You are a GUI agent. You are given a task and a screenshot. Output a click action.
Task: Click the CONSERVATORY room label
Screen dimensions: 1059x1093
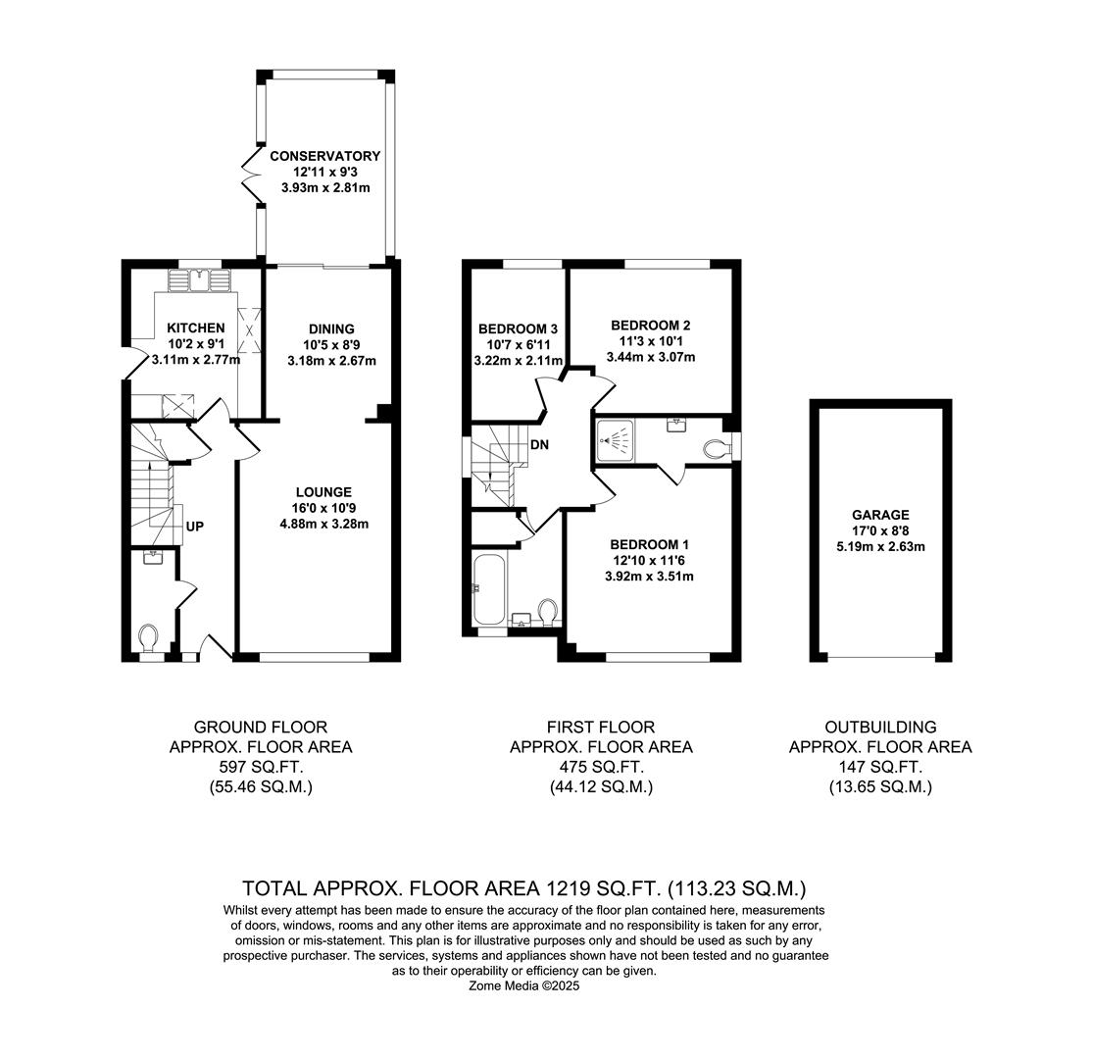[x=324, y=156]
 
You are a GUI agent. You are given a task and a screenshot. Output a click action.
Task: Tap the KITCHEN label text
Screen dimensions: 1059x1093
[x=195, y=328]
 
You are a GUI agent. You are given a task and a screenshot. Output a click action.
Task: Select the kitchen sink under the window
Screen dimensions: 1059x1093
[x=200, y=281]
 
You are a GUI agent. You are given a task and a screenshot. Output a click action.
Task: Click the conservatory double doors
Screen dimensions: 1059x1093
[x=251, y=176]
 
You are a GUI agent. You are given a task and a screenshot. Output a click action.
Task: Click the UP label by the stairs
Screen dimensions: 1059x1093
[x=195, y=527]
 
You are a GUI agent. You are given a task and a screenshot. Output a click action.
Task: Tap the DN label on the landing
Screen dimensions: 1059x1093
[x=539, y=445]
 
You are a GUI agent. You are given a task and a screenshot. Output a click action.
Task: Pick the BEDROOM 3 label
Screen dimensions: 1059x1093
[x=518, y=328]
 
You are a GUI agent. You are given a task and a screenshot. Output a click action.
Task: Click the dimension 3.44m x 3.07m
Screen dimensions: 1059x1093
[x=651, y=357]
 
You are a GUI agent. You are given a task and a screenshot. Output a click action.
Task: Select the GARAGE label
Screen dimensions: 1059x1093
[x=880, y=515]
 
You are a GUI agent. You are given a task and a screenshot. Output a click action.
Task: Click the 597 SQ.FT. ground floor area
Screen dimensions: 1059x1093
[x=260, y=767]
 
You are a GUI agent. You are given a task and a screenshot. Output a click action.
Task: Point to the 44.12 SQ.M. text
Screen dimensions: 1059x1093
[x=600, y=786]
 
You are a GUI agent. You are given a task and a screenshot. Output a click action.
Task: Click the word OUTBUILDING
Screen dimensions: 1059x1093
[x=880, y=728]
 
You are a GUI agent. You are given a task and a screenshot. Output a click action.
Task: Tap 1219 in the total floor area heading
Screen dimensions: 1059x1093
[x=565, y=889]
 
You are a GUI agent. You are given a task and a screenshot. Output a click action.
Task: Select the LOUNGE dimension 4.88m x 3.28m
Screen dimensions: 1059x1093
[x=323, y=524]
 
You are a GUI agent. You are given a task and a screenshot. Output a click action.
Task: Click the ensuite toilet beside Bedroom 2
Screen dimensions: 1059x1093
[x=717, y=449]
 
